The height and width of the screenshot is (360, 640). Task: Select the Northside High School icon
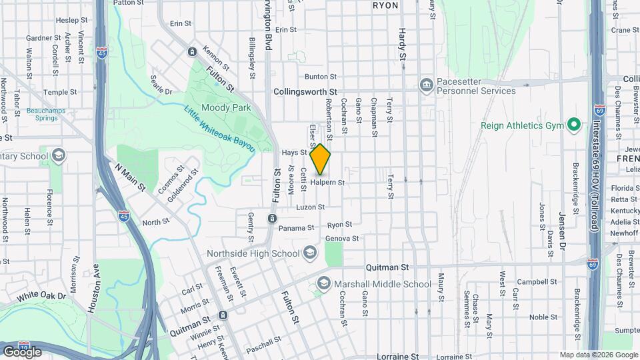coord(310,253)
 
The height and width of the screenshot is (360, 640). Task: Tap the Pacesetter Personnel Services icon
coord(426,85)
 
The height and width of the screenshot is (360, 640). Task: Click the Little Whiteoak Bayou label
coord(220,129)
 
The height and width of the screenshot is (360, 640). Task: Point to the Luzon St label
coord(311,207)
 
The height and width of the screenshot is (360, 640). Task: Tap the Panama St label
coord(296,228)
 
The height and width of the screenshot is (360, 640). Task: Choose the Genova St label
coord(343,238)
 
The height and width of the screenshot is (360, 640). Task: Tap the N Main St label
coord(131,179)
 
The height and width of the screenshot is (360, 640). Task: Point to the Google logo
coord(22,351)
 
